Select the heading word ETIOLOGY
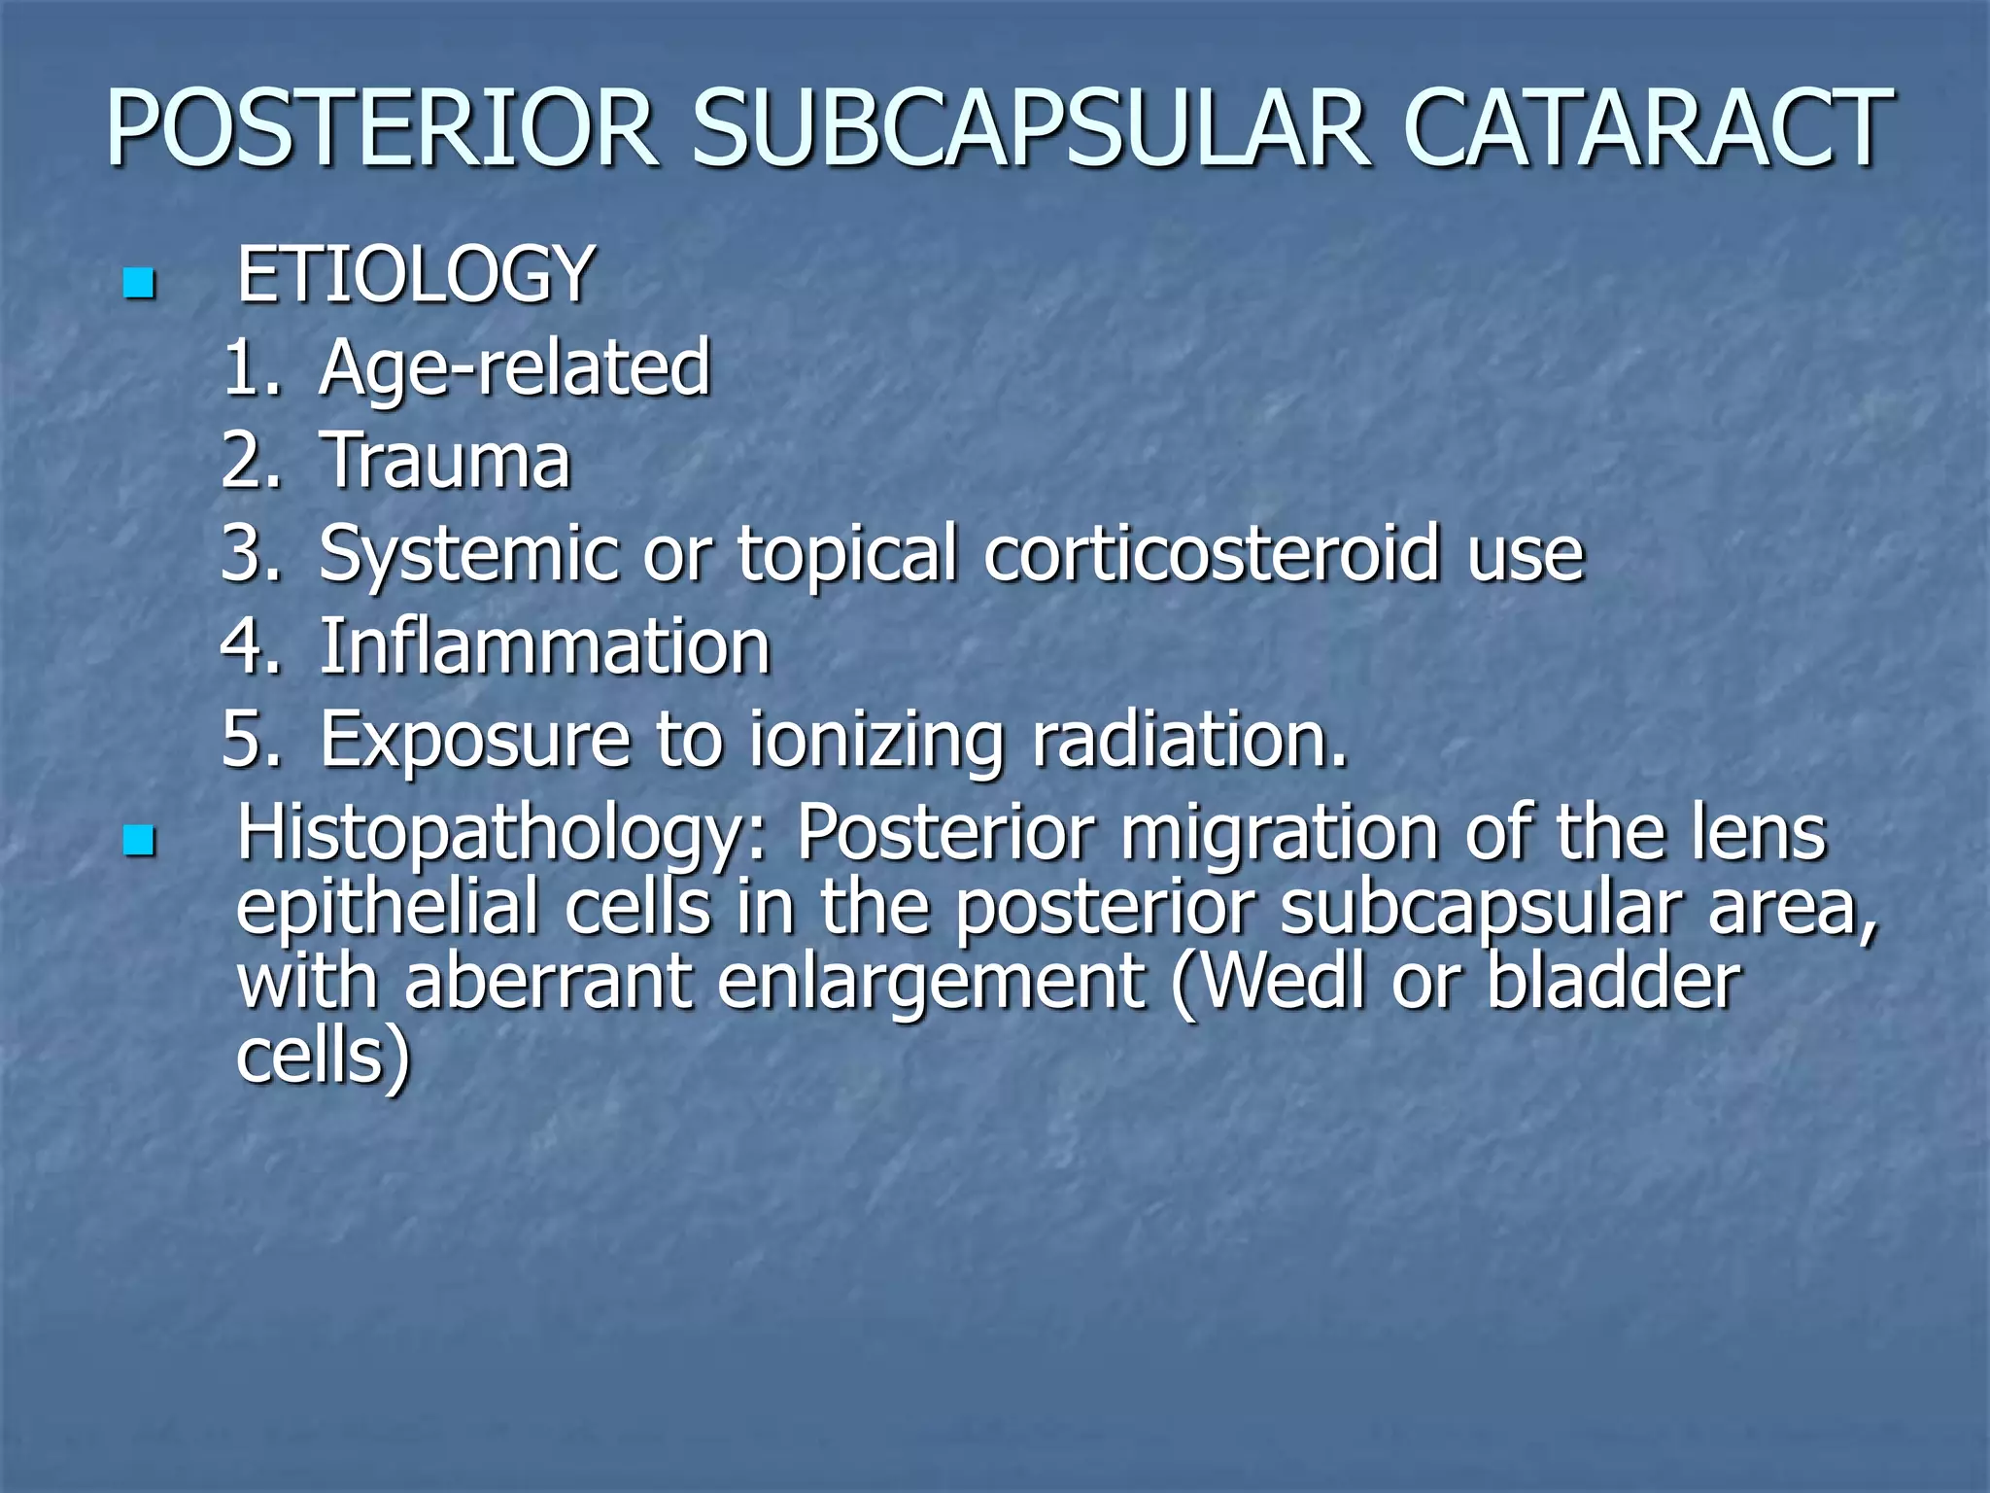tap(415, 275)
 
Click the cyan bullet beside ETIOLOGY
tap(140, 283)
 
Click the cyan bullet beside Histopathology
tap(140, 842)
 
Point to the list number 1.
tap(249, 368)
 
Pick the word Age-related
tap(515, 368)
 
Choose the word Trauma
tap(445, 461)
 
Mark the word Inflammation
tap(545, 646)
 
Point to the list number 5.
tap(249, 740)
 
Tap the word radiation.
tap(1189, 740)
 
